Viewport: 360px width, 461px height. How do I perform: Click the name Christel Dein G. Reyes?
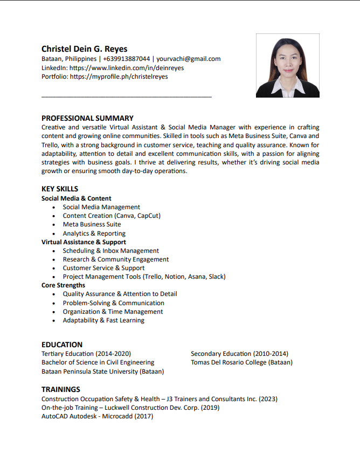click(85, 49)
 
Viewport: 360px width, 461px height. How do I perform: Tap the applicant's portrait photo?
click(287, 65)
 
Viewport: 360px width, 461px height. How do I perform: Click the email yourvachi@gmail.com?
click(188, 59)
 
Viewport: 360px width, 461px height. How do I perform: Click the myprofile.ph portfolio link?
click(119, 77)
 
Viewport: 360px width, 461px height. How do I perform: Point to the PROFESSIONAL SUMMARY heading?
click(87, 118)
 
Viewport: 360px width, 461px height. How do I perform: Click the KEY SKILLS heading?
click(60, 189)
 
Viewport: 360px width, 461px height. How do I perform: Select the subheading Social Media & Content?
click(77, 198)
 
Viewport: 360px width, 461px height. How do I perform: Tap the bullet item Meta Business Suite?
click(92, 224)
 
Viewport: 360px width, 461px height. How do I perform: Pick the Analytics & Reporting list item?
click(94, 233)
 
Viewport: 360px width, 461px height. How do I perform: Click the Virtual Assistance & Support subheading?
click(84, 242)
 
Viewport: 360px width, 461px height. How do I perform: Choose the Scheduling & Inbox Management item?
click(110, 251)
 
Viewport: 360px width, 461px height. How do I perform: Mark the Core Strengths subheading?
click(63, 285)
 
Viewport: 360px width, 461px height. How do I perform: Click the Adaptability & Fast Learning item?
click(103, 320)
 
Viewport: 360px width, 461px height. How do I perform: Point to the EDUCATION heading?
click(62, 345)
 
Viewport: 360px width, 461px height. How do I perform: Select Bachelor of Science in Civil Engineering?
click(98, 362)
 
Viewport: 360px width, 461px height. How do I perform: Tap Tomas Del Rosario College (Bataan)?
click(241, 362)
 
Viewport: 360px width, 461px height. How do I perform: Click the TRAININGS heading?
click(61, 389)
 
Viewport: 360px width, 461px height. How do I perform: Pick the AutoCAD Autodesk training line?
click(97, 416)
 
